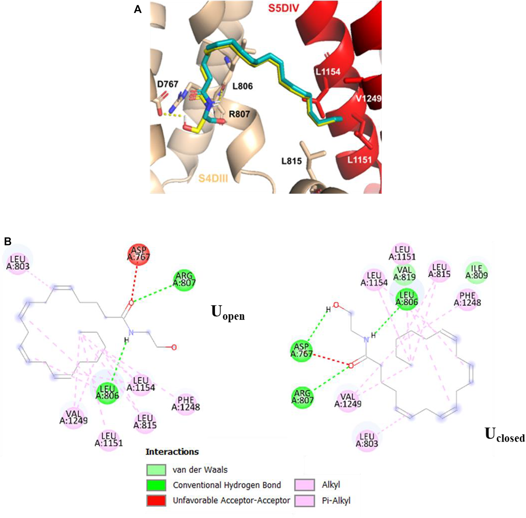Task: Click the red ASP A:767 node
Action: (138, 254)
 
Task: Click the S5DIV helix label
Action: (283, 8)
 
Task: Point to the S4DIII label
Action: (213, 179)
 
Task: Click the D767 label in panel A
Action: (167, 84)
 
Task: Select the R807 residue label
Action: (239, 114)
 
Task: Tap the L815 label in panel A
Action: (291, 161)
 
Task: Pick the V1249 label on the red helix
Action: (368, 98)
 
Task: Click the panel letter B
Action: (8, 241)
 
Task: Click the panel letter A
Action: (137, 9)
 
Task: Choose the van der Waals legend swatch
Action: (156, 470)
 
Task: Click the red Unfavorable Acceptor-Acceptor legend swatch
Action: (156, 500)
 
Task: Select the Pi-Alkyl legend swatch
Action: (305, 501)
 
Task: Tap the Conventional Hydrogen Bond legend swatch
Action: (156, 485)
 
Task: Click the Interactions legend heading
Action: (172, 452)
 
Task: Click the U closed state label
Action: (504, 435)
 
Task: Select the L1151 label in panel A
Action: (359, 160)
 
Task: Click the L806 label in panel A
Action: (242, 86)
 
